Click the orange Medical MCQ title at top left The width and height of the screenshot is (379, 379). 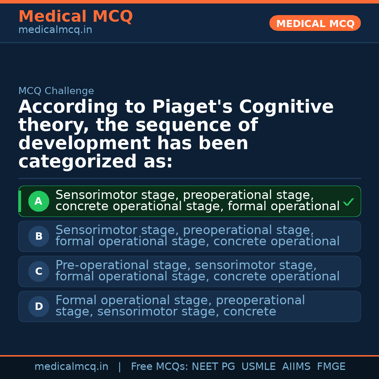point(75,16)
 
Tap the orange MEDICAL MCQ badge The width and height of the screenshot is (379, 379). point(315,24)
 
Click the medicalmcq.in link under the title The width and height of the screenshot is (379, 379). point(55,30)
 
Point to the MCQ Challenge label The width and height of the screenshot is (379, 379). point(56,91)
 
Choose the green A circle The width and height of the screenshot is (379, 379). point(39,201)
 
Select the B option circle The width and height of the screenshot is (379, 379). point(39,237)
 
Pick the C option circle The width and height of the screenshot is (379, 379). point(39,272)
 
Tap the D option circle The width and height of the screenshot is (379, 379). point(39,307)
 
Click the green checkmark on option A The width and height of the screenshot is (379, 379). point(348,202)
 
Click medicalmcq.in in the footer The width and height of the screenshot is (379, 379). point(71,367)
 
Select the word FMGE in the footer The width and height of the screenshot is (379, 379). point(331,367)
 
